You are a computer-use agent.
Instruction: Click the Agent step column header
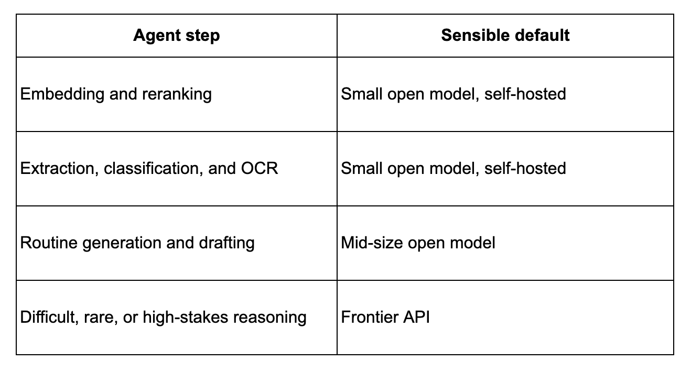(x=177, y=36)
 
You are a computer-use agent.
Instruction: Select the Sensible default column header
(x=505, y=35)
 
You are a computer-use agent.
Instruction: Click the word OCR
(x=260, y=168)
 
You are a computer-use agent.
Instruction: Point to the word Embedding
(x=62, y=94)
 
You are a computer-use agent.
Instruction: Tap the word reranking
(x=177, y=94)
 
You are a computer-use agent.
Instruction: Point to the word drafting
(x=226, y=243)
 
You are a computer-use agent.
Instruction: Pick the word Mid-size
(x=372, y=243)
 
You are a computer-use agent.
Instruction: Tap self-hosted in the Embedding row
(x=525, y=94)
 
